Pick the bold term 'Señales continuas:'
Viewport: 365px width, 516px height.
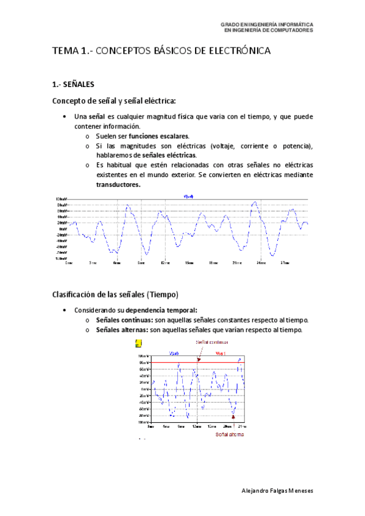pyautogui.click(x=124, y=320)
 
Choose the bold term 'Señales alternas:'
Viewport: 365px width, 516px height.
pyautogui.click(x=122, y=330)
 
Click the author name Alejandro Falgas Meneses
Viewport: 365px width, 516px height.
pyautogui.click(x=277, y=490)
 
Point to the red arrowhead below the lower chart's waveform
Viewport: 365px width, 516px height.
pyautogui.click(x=233, y=416)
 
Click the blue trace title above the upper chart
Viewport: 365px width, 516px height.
pyautogui.click(x=188, y=196)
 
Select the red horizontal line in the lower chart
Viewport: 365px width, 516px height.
pyautogui.click(x=183, y=363)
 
